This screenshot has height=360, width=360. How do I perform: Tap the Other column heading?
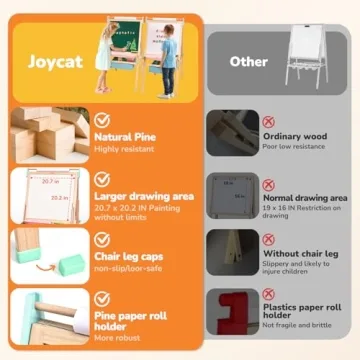[x=247, y=61]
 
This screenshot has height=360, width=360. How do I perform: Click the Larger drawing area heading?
[x=144, y=197]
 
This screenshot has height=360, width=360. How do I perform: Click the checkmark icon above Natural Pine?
[x=101, y=117]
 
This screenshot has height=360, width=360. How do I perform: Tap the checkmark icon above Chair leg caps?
[x=101, y=239]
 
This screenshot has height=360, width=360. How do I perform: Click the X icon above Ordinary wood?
[x=269, y=121]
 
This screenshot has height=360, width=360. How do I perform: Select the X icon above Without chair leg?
[x=268, y=240]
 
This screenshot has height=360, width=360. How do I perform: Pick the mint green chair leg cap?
[x=71, y=266]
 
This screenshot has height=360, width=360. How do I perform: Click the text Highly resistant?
[x=125, y=148]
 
